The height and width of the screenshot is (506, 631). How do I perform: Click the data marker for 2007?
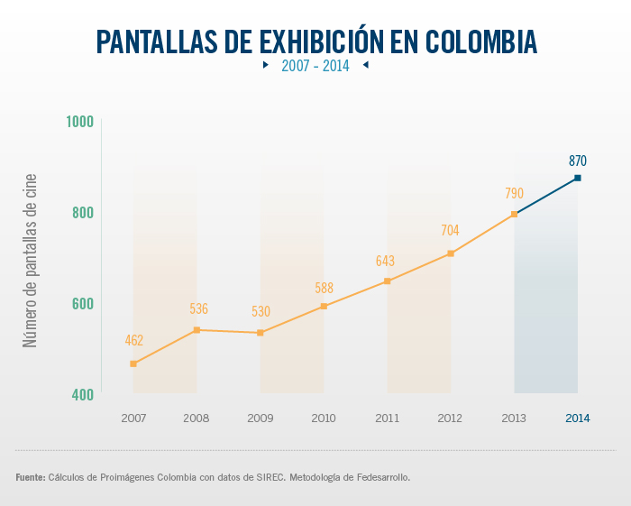coord(133,363)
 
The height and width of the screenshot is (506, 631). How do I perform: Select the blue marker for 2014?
coord(578,178)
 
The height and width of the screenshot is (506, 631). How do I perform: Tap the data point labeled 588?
coord(324,307)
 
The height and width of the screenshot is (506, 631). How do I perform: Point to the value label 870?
coord(578,161)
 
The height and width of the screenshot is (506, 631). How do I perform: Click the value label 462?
coord(134,341)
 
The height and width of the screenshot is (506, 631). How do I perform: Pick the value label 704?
coord(450,231)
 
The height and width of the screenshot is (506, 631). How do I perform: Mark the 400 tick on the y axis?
coord(82,394)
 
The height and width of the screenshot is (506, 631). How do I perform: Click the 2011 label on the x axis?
coord(387,419)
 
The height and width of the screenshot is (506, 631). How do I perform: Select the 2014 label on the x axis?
coord(578,419)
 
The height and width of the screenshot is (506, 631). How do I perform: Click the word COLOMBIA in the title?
coord(480,41)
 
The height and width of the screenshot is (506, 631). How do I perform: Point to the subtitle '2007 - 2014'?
coord(315,66)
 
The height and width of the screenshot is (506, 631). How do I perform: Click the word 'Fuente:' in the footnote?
coord(30,476)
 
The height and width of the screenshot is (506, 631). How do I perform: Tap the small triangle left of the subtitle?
coord(265,65)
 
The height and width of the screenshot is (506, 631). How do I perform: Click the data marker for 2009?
coord(261,333)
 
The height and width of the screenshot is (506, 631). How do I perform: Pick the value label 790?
coord(514,193)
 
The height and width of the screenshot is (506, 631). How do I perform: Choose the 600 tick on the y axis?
coord(82,304)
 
